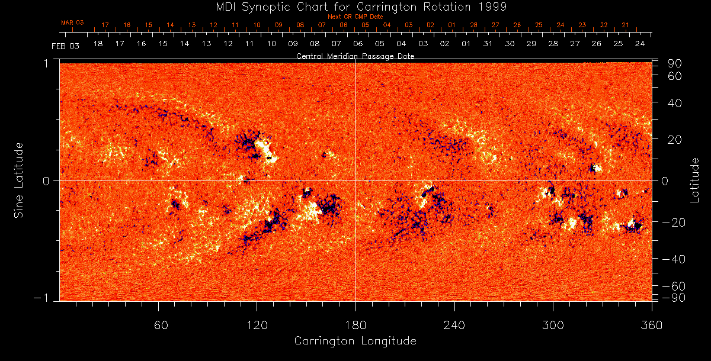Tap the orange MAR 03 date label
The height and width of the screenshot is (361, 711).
[x=72, y=22]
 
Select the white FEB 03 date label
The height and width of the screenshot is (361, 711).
[x=65, y=46]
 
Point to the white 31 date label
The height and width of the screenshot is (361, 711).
[x=488, y=44]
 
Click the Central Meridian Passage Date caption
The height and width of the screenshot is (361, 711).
[x=355, y=56]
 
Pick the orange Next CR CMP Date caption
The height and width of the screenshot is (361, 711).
[x=355, y=17]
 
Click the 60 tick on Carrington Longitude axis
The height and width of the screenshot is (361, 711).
[x=158, y=325]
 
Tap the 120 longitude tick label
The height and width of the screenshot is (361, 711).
[x=257, y=325]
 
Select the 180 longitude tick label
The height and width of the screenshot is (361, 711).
[x=355, y=325]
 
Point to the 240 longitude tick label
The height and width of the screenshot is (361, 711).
[x=454, y=325]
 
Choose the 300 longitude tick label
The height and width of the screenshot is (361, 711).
[x=553, y=325]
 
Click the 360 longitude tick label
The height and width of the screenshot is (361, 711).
[x=651, y=325]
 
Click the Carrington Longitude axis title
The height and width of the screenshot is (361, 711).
[x=355, y=341]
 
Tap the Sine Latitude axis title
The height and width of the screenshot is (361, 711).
[x=18, y=179]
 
